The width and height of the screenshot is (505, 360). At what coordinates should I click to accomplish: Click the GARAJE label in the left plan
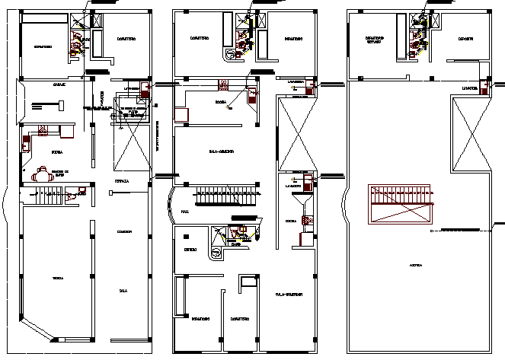tap(58, 84)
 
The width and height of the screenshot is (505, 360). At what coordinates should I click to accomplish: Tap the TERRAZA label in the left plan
tap(122, 181)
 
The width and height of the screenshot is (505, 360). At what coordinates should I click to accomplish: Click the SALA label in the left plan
tap(123, 290)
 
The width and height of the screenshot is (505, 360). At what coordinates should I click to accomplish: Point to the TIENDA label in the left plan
tap(58, 278)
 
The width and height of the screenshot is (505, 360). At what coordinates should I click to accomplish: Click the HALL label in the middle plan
tap(185, 212)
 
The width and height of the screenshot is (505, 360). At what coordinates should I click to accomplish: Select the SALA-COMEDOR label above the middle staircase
tap(220, 151)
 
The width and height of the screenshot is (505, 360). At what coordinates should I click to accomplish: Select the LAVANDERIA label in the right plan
tap(468, 89)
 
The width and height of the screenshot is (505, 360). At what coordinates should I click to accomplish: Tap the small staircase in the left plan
tap(49, 197)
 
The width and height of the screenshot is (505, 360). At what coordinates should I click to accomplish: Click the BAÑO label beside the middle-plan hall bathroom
tap(236, 245)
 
